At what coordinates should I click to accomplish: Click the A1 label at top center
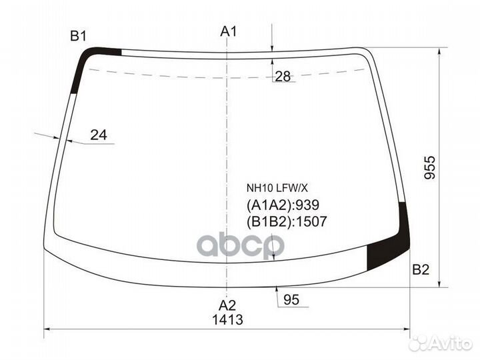coord(229,31)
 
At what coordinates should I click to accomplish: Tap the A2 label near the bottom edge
coord(228,305)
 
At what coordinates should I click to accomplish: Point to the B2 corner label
coord(421,270)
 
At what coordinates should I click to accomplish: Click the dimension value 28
coord(283,76)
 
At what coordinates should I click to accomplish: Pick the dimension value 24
coord(99,135)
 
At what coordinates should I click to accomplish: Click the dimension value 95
coord(291,300)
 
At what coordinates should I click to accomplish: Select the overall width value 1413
coord(228,319)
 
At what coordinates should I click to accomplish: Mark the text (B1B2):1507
coord(286,221)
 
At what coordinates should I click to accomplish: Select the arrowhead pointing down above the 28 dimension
coord(273,47)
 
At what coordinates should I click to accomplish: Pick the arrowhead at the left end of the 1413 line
coord(46,329)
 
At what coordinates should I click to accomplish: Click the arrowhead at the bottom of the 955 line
coord(439,285)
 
